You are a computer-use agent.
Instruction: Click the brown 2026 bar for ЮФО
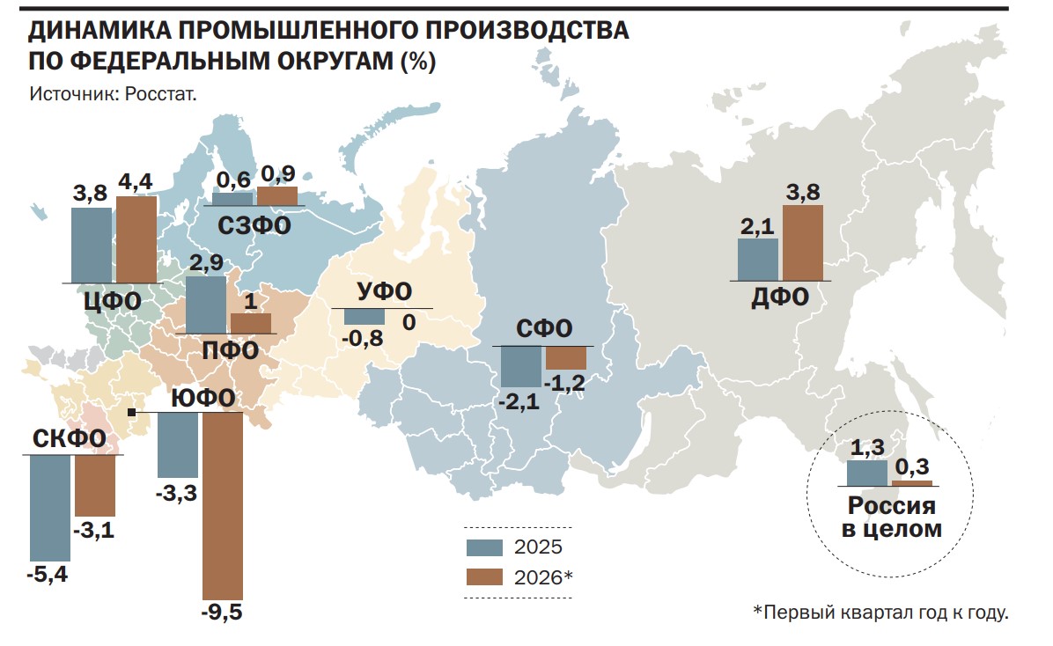[x=223, y=506]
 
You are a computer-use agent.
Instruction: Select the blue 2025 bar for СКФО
[x=50, y=508]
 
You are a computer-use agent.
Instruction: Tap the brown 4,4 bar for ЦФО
[x=137, y=239]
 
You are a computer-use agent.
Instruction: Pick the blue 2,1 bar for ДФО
[x=758, y=260]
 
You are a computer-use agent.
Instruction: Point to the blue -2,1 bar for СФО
[x=521, y=367]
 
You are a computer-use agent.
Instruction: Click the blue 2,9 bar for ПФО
[x=206, y=305]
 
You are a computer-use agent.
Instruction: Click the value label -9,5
[x=222, y=613]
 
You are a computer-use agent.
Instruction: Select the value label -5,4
[x=47, y=575]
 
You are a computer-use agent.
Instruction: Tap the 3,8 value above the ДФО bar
[x=803, y=192]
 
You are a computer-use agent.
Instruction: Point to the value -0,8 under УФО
[x=363, y=338]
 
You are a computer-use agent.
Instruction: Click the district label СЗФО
[x=254, y=225]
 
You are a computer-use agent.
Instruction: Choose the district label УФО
[x=384, y=290]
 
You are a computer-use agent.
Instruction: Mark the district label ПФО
[x=231, y=350]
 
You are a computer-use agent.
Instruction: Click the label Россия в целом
[x=892, y=518]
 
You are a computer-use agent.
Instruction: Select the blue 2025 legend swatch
[x=485, y=547]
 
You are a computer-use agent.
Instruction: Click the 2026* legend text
[x=543, y=577]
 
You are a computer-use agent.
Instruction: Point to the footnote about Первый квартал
[x=880, y=613]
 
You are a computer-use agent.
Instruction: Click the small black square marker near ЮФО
[x=132, y=412]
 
